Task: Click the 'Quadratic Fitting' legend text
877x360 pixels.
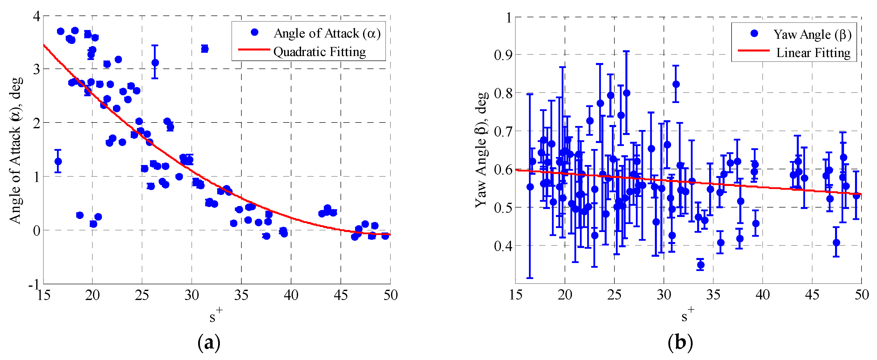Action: point(319,52)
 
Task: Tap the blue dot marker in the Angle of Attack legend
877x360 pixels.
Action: point(254,32)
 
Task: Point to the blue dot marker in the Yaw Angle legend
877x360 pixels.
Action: point(754,33)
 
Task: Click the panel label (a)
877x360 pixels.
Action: point(209,343)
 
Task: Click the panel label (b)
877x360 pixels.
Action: point(680,343)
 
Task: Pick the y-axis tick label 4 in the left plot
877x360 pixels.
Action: point(36,16)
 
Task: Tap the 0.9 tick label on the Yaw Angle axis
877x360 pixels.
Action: point(503,54)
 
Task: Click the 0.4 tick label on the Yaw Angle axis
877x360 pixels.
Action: point(503,245)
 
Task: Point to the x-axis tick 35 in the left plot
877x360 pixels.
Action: point(241,295)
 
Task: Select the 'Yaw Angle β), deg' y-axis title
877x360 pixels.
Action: point(481,150)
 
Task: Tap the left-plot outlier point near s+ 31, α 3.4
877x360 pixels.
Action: point(205,49)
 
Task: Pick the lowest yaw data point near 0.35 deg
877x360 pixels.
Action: point(701,265)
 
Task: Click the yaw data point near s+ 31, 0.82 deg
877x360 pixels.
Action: point(676,84)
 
